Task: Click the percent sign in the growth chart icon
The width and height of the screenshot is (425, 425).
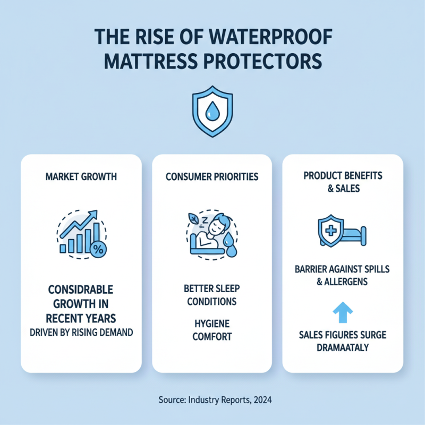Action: (98, 247)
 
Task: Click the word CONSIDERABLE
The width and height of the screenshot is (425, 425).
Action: (81, 291)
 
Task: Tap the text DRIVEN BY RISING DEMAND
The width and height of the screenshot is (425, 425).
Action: (81, 333)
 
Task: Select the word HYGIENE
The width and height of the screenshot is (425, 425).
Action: (211, 323)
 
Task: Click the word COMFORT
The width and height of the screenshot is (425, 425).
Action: (211, 336)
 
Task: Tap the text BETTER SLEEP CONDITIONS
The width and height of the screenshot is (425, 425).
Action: (211, 295)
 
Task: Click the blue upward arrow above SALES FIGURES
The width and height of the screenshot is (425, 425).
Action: (342, 312)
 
